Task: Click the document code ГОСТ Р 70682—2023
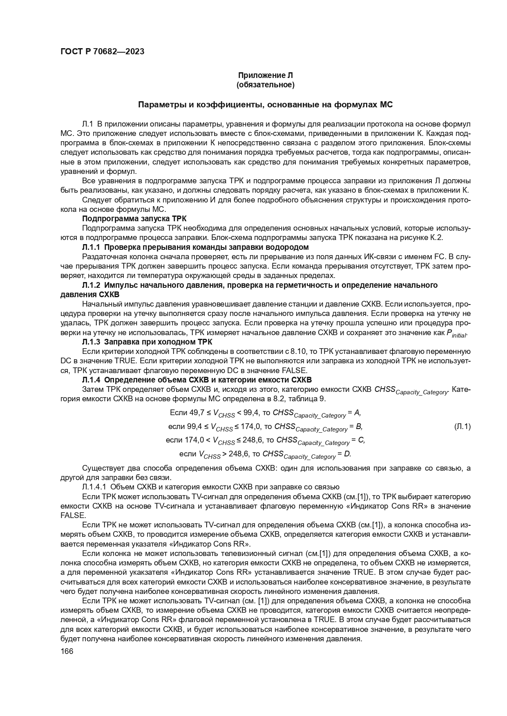tap(102, 52)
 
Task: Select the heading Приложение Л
tap(266, 76)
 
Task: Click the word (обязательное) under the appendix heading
tap(266, 85)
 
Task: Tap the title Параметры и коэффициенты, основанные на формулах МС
tap(266, 105)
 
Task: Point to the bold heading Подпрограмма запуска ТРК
tap(134, 218)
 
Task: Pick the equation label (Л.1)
tap(462, 427)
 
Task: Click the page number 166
tap(67, 652)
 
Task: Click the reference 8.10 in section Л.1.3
tap(297, 351)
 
